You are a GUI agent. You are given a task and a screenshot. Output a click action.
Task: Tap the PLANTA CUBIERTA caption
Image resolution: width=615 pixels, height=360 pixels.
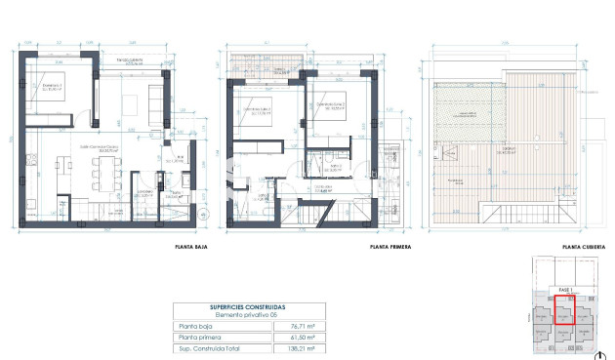pos(583,247)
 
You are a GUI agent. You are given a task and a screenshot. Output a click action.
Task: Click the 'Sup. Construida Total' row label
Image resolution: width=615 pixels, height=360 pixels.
pos(207,346)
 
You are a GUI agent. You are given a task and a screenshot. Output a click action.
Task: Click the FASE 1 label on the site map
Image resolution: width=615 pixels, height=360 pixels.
pos(563,290)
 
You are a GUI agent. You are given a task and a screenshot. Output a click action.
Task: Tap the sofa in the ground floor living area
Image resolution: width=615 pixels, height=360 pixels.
pos(155,98)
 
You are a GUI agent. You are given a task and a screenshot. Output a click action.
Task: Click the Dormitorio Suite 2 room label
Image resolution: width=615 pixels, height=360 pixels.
pos(332,106)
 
